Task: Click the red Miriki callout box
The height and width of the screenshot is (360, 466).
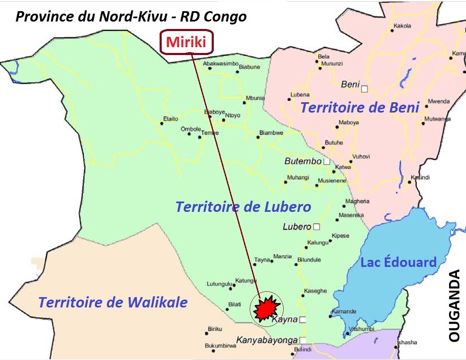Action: point(186,42)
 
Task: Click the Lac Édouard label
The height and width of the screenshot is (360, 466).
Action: point(398,262)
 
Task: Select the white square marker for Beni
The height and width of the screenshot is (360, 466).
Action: point(364,89)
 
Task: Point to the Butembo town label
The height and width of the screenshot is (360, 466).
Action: point(303,161)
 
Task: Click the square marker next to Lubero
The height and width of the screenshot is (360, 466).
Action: point(317,227)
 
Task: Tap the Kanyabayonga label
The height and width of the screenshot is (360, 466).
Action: point(267,340)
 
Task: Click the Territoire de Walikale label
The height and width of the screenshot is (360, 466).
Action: point(113,302)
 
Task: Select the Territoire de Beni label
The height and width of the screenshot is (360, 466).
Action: point(360,107)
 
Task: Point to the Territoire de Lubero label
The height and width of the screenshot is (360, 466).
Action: point(243,206)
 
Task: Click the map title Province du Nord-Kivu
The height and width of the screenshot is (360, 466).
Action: point(131,16)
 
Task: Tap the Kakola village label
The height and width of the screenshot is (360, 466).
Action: point(402,26)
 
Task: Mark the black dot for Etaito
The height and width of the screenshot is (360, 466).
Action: point(162,123)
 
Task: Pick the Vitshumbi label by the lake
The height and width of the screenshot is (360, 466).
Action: point(362,329)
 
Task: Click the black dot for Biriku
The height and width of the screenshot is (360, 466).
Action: point(206,333)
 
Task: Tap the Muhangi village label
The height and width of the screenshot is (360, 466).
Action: point(299,178)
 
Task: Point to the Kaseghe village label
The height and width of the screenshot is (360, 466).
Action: point(315,291)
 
